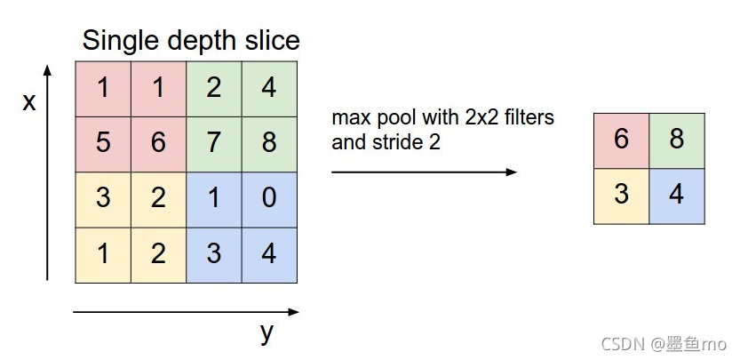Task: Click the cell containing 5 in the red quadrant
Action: [104, 143]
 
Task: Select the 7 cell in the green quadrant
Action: [214, 143]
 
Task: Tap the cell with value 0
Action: [269, 198]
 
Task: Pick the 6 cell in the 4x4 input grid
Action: [159, 143]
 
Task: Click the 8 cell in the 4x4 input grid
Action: [269, 143]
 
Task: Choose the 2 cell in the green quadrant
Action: [214, 88]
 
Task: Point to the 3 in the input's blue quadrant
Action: [214, 254]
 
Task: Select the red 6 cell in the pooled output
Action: [621, 140]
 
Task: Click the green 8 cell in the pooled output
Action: [677, 140]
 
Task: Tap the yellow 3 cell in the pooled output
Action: [621, 194]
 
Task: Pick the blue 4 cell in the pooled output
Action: [677, 194]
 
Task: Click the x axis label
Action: [29, 102]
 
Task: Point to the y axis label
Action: [266, 333]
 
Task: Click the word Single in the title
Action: [118, 40]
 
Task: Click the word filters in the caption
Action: [525, 118]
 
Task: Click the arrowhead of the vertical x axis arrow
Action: [48, 70]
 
